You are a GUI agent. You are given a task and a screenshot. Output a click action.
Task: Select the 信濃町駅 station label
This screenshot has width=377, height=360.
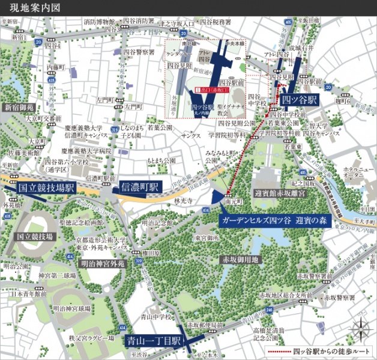[x=139, y=187]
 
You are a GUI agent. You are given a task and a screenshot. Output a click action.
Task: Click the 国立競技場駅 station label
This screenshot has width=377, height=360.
[x=45, y=188]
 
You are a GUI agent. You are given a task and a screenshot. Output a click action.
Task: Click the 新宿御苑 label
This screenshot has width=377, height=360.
[x=19, y=108]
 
